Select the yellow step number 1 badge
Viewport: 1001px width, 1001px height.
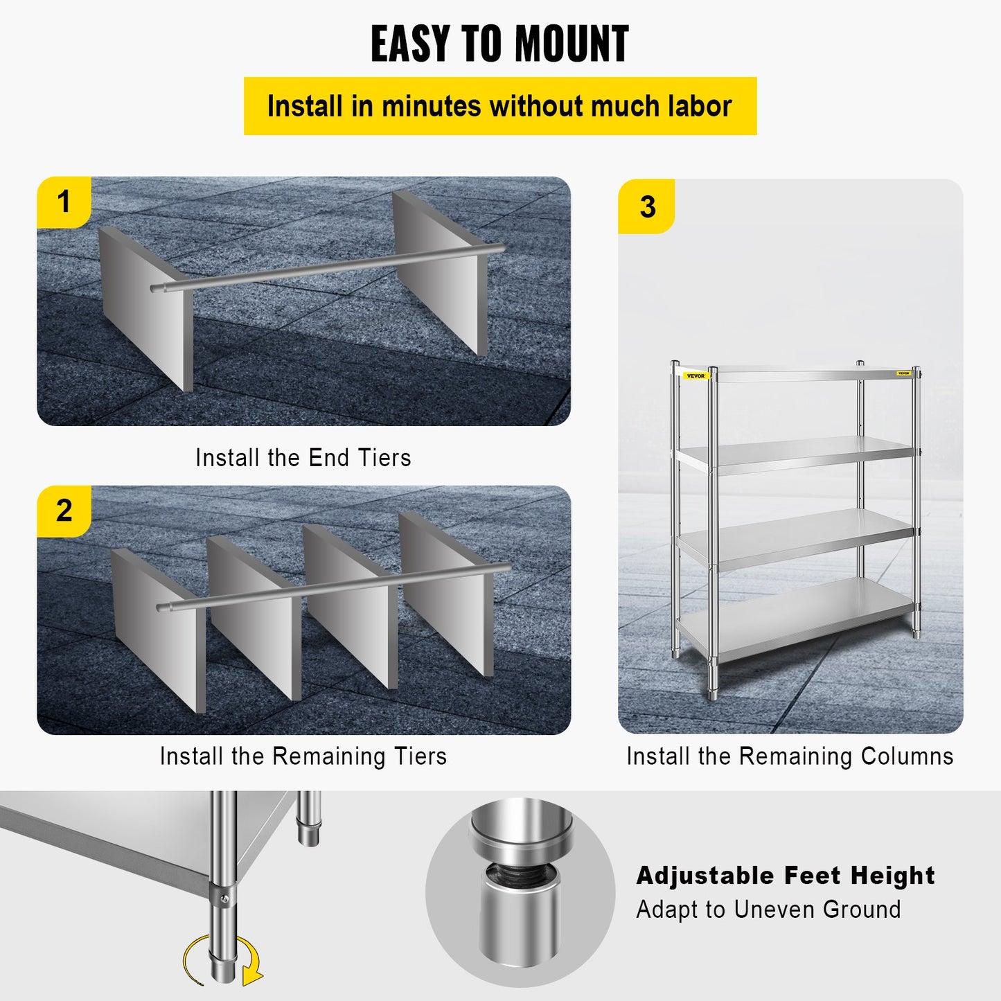(x=64, y=202)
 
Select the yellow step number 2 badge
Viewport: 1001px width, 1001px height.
(x=64, y=511)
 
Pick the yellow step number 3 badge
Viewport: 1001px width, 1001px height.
(x=647, y=207)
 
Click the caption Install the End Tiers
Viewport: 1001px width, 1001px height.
(x=303, y=458)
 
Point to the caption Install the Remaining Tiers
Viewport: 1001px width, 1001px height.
(x=303, y=756)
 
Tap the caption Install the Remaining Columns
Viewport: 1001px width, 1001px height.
(x=790, y=756)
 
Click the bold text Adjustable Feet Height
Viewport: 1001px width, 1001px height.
(x=786, y=876)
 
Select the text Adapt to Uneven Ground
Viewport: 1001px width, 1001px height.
(x=768, y=909)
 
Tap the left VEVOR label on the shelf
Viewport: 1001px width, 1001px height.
(x=695, y=376)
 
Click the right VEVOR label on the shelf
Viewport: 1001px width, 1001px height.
(x=903, y=373)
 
